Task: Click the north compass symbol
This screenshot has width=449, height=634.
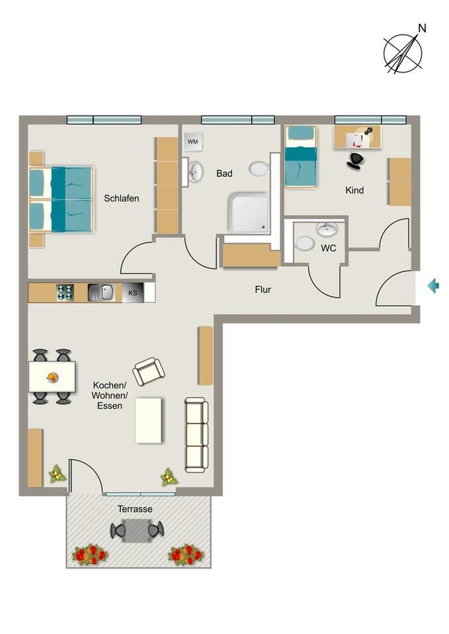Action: pos(403,52)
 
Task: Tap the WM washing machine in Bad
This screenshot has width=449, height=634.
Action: pos(192,141)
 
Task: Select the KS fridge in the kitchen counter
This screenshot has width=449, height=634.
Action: pos(133,293)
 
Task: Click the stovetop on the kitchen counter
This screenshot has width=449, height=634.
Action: pos(65,293)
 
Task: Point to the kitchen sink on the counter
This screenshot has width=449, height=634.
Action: pos(101,292)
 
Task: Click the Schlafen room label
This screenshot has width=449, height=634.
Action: pos(122,198)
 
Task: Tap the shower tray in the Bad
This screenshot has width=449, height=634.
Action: pos(249,213)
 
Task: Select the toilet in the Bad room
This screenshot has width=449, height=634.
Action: pos(259,169)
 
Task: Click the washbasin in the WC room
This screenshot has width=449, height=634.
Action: pos(327,229)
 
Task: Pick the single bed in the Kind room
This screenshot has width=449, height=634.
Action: pos(300,158)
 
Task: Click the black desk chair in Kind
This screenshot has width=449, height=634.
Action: pos(356,159)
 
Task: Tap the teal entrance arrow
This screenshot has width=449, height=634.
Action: pos(433,286)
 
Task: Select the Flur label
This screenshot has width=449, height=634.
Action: pos(263,289)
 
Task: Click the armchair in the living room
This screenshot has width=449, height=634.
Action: pos(148,371)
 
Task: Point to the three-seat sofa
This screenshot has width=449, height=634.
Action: pos(196,435)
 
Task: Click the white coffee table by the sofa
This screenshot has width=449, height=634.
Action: pos(149,420)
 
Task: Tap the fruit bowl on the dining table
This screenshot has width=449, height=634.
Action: pos(52,378)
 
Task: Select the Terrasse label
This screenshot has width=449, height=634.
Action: pos(135,509)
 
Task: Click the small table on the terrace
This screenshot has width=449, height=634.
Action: pos(137,530)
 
